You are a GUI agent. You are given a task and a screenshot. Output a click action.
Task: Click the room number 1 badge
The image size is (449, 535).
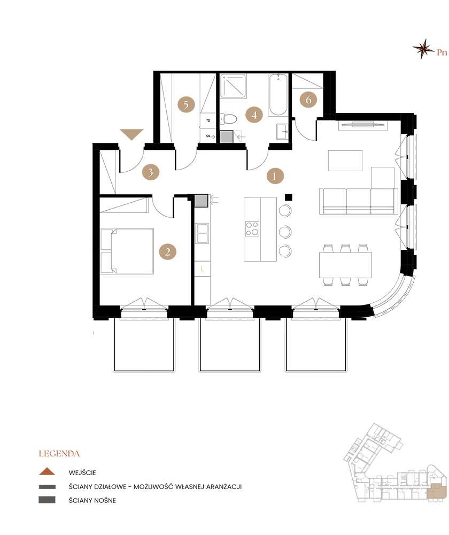[274, 175]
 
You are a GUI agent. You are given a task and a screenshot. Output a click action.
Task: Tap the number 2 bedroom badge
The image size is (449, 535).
[168, 252]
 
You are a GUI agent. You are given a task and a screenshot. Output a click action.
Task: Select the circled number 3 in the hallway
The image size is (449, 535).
[151, 172]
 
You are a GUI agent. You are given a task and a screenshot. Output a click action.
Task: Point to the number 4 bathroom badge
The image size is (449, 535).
[254, 115]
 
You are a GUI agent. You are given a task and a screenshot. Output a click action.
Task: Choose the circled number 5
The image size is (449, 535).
[186, 104]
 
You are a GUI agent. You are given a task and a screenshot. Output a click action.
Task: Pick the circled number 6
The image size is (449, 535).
[308, 100]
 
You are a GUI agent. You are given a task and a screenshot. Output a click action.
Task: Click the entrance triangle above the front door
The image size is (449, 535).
[131, 134]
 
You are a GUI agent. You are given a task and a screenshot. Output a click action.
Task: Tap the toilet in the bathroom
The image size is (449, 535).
[228, 119]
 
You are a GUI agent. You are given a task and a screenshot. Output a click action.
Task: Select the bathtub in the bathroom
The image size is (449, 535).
[278, 95]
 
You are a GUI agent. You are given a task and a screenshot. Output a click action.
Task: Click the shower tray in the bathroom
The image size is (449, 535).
[233, 86]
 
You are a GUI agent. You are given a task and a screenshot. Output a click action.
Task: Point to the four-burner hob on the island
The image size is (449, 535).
[252, 228]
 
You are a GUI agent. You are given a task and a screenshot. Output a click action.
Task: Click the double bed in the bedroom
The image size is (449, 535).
[127, 251]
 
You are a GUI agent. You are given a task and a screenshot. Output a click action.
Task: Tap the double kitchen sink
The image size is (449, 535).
[202, 233]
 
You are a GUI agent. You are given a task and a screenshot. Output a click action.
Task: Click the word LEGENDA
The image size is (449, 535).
[59, 454]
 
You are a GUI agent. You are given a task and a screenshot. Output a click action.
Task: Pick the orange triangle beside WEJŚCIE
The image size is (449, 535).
[47, 471]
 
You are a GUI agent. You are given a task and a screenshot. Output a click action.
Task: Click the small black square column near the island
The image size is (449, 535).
[289, 197]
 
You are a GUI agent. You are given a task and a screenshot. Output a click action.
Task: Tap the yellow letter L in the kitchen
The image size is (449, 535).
[202, 269]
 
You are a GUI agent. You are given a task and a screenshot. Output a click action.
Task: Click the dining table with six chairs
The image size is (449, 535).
[345, 265]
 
